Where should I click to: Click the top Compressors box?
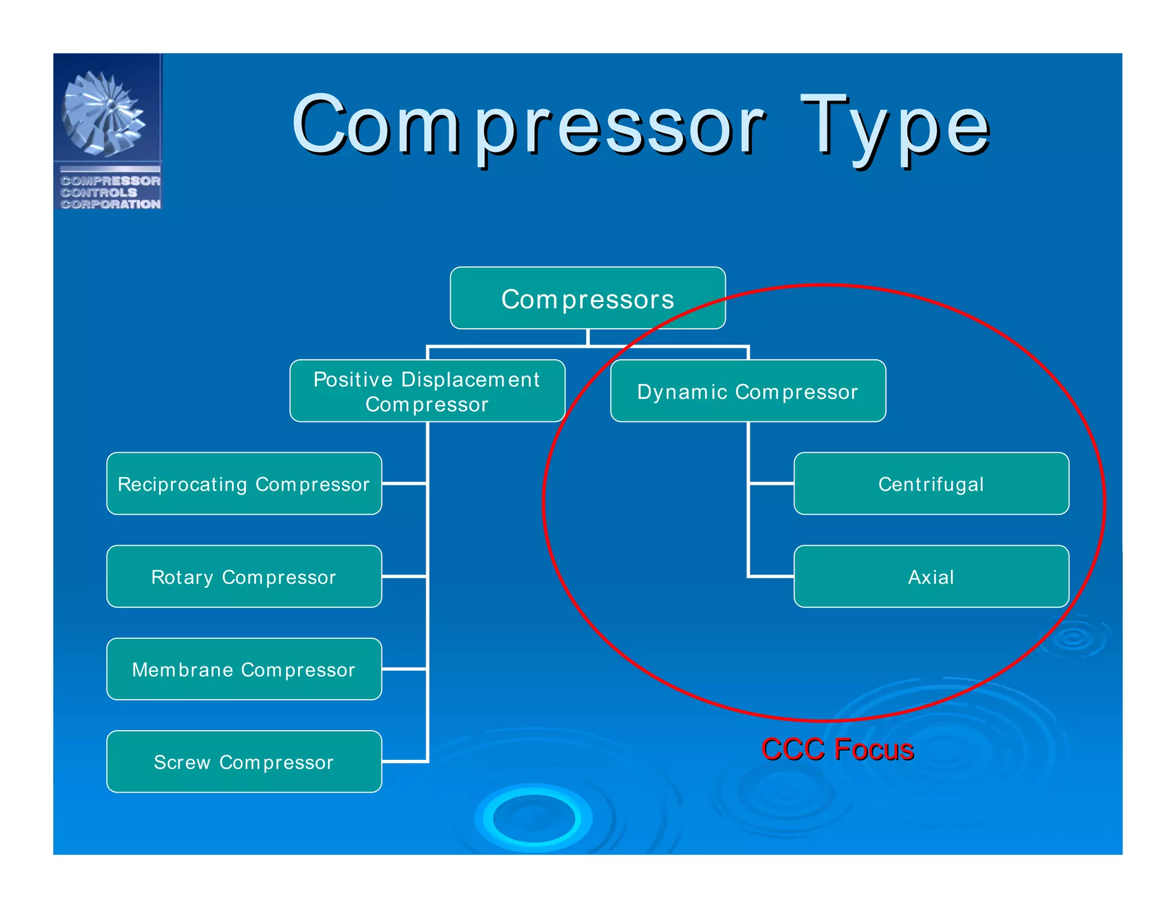click(587, 298)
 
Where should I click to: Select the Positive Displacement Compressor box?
click(427, 391)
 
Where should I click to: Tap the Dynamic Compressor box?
click(748, 391)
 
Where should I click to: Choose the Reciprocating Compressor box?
click(244, 483)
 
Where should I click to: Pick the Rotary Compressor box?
click(244, 576)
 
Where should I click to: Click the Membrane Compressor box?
click(244, 669)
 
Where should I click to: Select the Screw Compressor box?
click(244, 762)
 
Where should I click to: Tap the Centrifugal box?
click(931, 483)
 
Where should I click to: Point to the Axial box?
click(931, 576)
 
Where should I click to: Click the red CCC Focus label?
click(837, 750)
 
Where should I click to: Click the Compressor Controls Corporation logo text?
click(110, 192)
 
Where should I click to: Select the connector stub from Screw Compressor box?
click(404, 762)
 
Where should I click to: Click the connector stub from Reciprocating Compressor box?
click(404, 484)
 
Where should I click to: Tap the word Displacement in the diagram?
click(470, 379)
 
